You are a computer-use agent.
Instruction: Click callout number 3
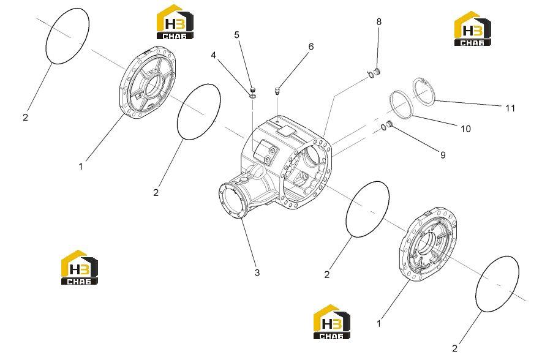coord(257,272)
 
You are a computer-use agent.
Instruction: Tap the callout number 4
coord(214,55)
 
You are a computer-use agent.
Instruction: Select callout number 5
coord(237,34)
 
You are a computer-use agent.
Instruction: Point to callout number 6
coord(311,47)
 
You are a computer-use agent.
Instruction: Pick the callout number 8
coord(379,21)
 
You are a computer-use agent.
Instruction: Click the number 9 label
coord(443,155)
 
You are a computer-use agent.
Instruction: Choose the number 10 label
coord(465,129)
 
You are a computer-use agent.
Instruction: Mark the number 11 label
coord(510,108)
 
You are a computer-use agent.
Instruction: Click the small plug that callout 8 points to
coord(377,72)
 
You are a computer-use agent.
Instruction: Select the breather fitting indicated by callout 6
coord(277,91)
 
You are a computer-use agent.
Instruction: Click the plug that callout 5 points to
coord(252,88)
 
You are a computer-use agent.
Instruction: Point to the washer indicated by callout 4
coord(252,95)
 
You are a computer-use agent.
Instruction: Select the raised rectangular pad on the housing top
coord(285,131)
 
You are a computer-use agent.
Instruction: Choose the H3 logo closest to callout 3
coord(331,321)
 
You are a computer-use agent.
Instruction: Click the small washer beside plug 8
coord(370,74)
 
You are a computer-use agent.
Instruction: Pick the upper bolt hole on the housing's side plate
coord(272,149)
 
